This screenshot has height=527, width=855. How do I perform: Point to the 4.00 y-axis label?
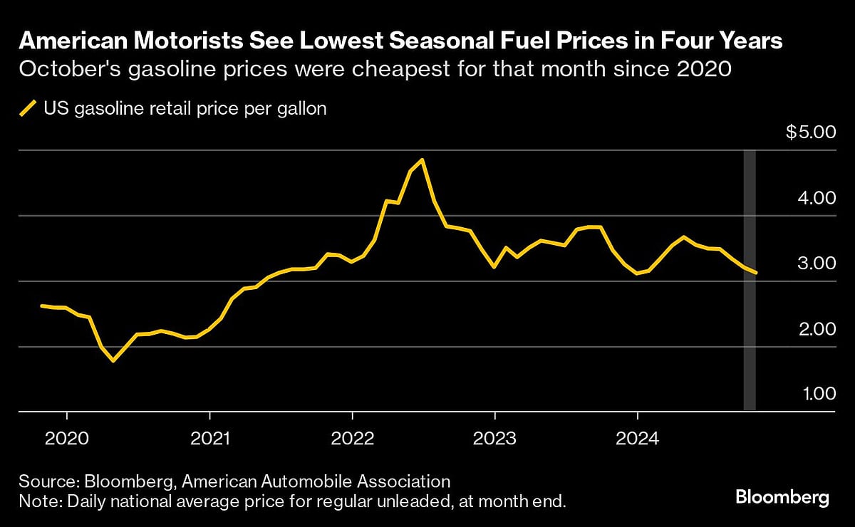pos(814,197)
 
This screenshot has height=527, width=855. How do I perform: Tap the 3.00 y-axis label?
pos(814,263)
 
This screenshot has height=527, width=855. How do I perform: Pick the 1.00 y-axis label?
pos(814,394)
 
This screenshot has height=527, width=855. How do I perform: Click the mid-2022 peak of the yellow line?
pos(423,160)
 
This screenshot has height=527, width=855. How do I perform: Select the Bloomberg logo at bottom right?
pos(782,496)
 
